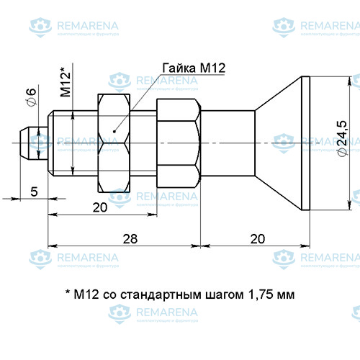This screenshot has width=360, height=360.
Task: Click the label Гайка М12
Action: click(194, 68)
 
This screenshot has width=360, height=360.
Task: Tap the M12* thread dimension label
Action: click(66, 82)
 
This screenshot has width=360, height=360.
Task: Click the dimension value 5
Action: click(33, 191)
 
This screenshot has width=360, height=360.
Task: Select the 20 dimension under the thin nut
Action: click(100, 207)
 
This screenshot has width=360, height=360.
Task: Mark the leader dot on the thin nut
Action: click(115, 131)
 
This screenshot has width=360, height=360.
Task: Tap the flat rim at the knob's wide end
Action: click(306, 142)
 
